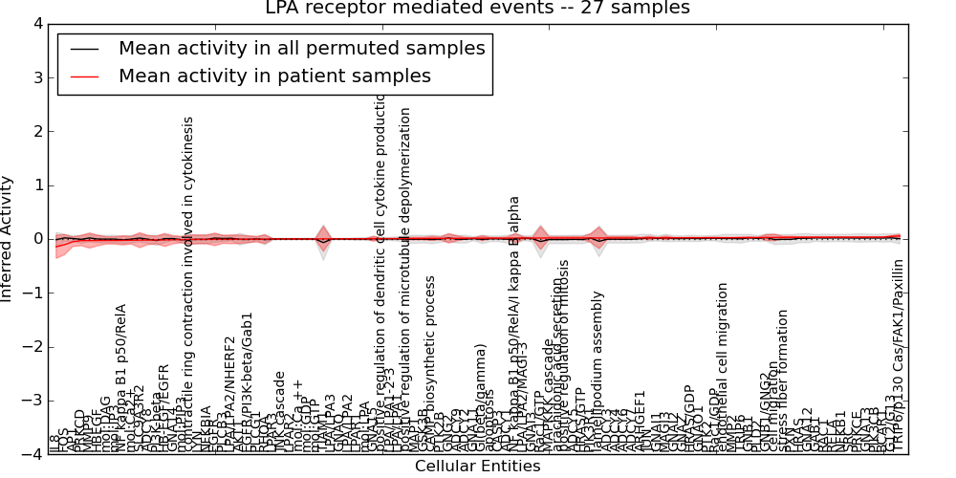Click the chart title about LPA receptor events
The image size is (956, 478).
point(477,9)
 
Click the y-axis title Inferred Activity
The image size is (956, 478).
point(9,239)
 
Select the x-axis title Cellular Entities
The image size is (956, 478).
point(477,467)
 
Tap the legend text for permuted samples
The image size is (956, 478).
point(301,48)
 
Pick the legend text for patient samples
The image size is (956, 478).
point(274,76)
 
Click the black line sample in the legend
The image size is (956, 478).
point(86,48)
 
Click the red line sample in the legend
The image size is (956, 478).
point(86,76)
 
